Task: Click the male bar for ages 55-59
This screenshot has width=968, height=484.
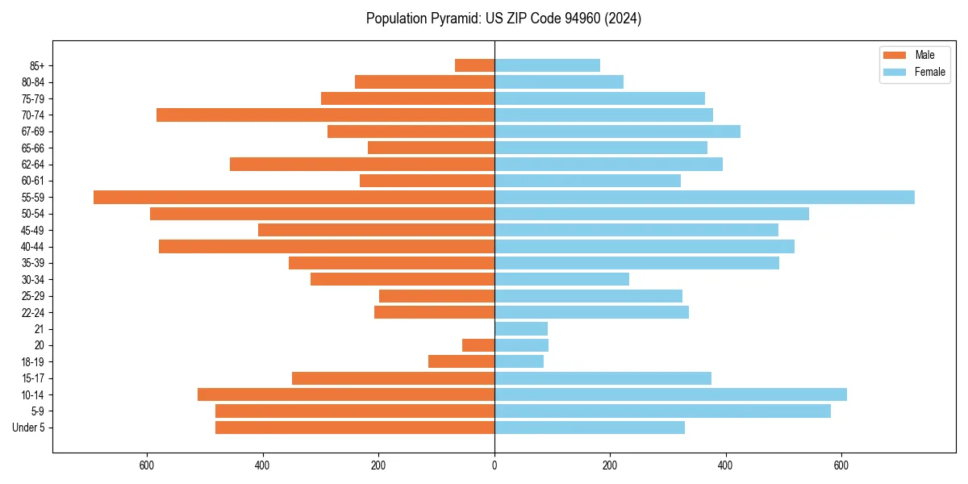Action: click(294, 197)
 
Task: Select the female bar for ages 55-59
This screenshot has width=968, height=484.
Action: click(704, 197)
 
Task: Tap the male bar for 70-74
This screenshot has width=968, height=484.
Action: click(325, 115)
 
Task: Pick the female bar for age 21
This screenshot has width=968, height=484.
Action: click(521, 328)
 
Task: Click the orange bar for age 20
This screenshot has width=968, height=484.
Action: click(478, 345)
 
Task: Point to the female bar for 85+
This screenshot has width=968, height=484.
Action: click(547, 65)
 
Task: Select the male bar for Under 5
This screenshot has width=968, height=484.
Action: click(355, 428)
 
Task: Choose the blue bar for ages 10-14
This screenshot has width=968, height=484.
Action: click(670, 394)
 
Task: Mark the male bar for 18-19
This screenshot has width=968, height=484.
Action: click(461, 361)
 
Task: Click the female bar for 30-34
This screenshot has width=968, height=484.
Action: click(561, 279)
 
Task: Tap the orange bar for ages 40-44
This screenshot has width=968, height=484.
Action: click(327, 246)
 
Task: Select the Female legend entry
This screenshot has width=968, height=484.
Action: click(919, 72)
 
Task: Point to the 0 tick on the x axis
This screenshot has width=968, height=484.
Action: click(494, 465)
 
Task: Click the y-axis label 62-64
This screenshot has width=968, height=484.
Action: click(33, 165)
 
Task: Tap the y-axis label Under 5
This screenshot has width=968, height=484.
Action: click(29, 428)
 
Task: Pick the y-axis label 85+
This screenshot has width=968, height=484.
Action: click(36, 65)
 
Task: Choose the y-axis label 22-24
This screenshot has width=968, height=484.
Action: click(33, 312)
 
